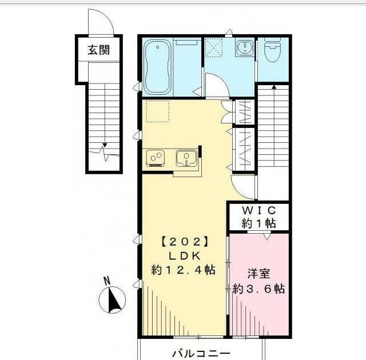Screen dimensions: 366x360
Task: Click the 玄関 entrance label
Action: (98, 50)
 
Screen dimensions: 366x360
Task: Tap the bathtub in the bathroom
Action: (157, 67)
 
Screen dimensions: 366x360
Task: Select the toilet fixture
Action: (273, 50)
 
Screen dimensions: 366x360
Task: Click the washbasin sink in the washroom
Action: (245, 48)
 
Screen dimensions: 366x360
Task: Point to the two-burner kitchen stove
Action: (156, 158)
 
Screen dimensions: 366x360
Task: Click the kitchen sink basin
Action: (186, 158)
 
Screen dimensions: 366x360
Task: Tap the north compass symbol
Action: (112, 300)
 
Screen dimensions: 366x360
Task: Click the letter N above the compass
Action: (107, 281)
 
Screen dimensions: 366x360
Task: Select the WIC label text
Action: (259, 210)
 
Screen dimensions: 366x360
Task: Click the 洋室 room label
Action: (259, 274)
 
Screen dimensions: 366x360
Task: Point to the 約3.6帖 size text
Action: (259, 289)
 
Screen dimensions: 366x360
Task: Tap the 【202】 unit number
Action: (184, 242)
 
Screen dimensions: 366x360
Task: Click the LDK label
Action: (184, 256)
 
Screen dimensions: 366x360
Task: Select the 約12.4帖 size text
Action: (183, 270)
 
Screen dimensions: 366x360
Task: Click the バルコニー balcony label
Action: (201, 354)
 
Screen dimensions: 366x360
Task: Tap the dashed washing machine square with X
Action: (213, 47)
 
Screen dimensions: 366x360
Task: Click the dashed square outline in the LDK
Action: (158, 111)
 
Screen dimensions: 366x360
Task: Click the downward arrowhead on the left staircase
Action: (105, 145)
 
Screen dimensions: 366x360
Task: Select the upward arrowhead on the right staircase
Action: (274, 87)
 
